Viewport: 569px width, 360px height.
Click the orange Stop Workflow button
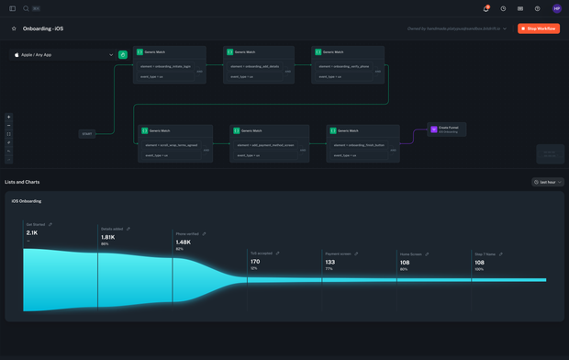539,28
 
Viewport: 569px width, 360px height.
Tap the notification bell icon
485,8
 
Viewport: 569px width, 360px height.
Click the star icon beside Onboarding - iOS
14,28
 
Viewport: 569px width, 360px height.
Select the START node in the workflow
87,134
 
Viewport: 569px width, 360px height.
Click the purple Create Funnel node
448,129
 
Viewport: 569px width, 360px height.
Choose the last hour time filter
548,182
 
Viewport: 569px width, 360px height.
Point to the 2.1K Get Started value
32,232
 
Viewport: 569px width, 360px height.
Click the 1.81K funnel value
108,237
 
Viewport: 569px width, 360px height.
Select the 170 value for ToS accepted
254,261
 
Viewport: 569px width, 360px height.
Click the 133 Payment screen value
330,262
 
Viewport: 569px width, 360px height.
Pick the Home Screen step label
409,253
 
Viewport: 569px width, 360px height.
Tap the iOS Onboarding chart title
26,201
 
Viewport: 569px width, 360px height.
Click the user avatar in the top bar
557,8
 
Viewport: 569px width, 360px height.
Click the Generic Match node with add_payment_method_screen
265,143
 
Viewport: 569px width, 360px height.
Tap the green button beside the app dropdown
123,55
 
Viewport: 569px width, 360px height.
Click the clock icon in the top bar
503,8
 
